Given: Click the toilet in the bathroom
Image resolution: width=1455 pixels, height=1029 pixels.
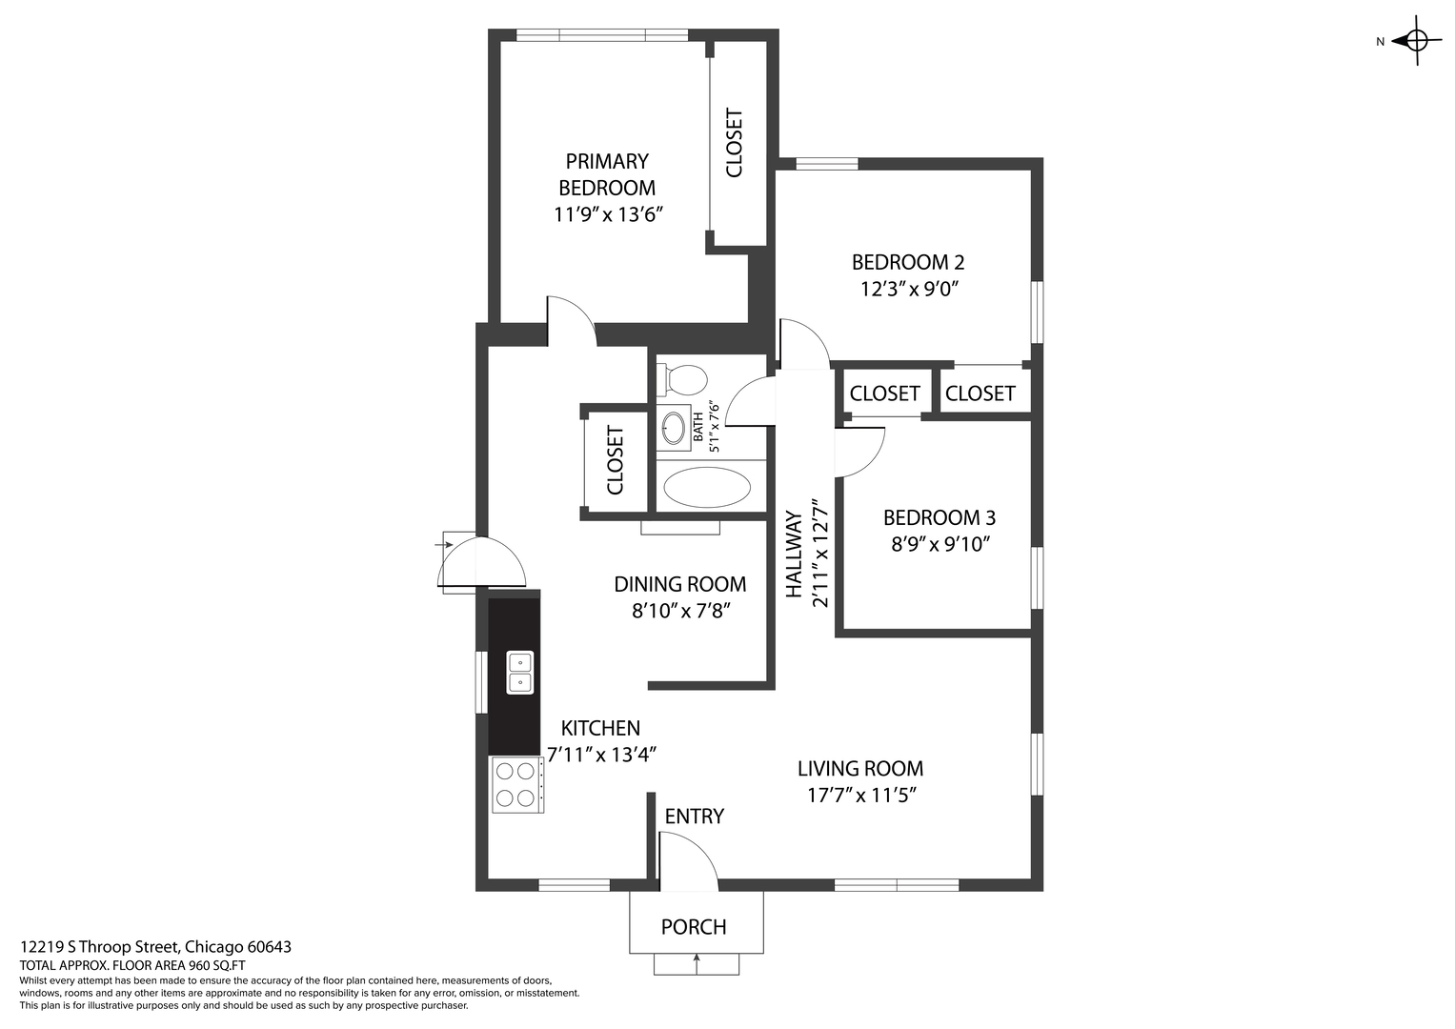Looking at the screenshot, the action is pos(681,380).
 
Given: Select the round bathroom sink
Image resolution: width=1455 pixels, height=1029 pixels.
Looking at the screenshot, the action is pos(673,428).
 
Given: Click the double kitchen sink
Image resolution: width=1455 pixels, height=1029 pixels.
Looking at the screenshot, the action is pos(520,673).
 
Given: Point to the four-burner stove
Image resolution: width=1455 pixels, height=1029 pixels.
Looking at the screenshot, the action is pos(517,785).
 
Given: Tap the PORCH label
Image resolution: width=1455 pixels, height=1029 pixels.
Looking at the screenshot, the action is pos(694,927).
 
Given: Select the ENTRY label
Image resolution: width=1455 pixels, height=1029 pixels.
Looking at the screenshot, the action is pos(695,817).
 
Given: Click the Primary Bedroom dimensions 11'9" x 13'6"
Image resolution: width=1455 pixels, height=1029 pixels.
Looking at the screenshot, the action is pos(608,214).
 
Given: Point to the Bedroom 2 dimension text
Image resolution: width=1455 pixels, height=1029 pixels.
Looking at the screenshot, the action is pos(909,289).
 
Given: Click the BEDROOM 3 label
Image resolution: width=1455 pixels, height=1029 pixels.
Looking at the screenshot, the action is pos(940,517).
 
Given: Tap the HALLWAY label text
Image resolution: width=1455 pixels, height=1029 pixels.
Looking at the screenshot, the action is pos(795,555).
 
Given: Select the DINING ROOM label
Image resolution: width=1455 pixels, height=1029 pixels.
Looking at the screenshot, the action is pos(680,584).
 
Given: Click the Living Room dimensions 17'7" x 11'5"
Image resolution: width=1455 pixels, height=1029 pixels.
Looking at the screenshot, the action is pos(861,796).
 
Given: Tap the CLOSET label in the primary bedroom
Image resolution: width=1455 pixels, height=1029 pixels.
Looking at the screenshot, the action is pos(734,142).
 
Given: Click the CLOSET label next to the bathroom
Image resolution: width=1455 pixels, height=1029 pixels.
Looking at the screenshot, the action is pos(616,460).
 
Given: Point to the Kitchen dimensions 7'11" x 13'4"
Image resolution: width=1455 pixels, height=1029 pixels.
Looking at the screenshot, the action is pos(601,755).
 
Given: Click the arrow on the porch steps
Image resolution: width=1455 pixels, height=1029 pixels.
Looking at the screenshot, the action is pos(697,963).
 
